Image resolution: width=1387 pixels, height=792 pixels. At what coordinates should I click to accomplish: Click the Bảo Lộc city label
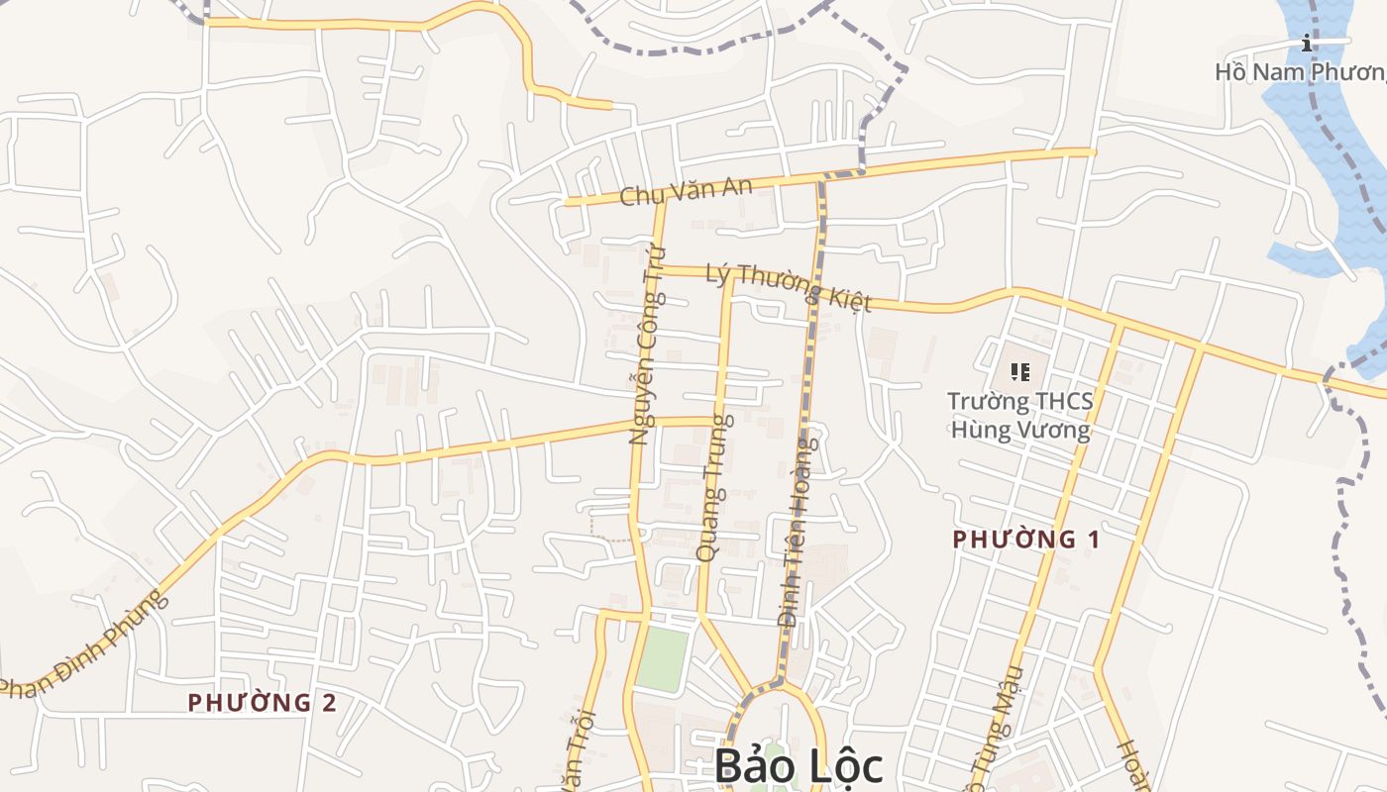pyautogui.click(x=798, y=765)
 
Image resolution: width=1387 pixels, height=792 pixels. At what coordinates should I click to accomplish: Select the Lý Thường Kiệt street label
pyautogui.click(x=788, y=287)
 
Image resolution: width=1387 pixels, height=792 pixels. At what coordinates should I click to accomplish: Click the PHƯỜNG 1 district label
pyautogui.click(x=1026, y=540)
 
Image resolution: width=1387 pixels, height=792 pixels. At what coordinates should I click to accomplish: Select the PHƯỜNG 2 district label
pyautogui.click(x=263, y=703)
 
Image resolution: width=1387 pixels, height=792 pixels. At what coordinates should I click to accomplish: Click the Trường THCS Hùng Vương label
pyautogui.click(x=1020, y=416)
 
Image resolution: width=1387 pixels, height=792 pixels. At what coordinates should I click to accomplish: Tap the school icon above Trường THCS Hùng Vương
pyautogui.click(x=1020, y=372)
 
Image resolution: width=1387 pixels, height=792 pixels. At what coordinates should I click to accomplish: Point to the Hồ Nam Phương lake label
pyautogui.click(x=1300, y=72)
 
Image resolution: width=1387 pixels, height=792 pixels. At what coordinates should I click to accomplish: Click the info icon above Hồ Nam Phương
pyautogui.click(x=1308, y=43)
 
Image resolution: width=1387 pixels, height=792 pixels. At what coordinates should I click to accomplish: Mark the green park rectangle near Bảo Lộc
pyautogui.click(x=662, y=659)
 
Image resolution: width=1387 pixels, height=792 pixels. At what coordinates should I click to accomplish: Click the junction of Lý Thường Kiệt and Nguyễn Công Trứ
pyautogui.click(x=656, y=269)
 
